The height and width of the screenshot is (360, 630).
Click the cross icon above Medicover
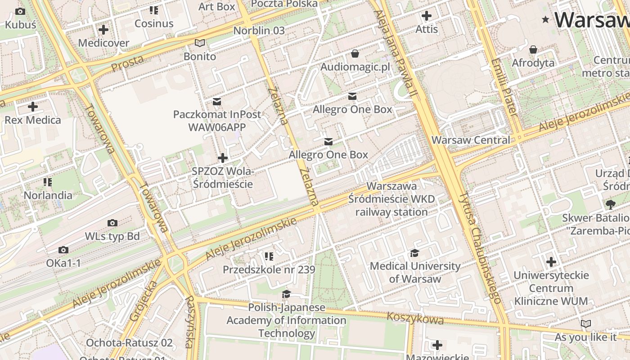click(103, 30)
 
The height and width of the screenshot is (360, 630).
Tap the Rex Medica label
click(33, 120)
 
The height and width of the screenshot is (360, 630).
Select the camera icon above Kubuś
click(20, 12)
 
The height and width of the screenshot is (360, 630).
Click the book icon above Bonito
click(200, 43)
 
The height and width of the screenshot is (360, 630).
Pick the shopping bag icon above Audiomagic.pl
click(355, 54)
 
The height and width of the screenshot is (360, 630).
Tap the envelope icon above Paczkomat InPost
click(217, 102)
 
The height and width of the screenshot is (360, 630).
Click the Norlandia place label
click(48, 195)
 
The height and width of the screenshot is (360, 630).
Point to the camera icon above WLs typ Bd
click(112, 223)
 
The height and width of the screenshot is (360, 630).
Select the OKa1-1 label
click(63, 263)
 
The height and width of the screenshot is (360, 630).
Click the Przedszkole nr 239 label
click(269, 270)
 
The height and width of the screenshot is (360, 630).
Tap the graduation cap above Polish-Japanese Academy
click(286, 294)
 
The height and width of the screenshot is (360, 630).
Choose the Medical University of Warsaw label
click(415, 272)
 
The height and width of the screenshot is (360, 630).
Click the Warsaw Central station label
click(471, 140)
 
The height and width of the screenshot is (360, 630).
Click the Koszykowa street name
click(415, 319)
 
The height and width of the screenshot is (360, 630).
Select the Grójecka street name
click(144, 301)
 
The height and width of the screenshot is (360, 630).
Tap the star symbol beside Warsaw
click(546, 19)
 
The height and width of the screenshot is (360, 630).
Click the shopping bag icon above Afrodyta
click(533, 49)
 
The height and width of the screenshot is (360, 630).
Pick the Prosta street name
click(127, 63)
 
